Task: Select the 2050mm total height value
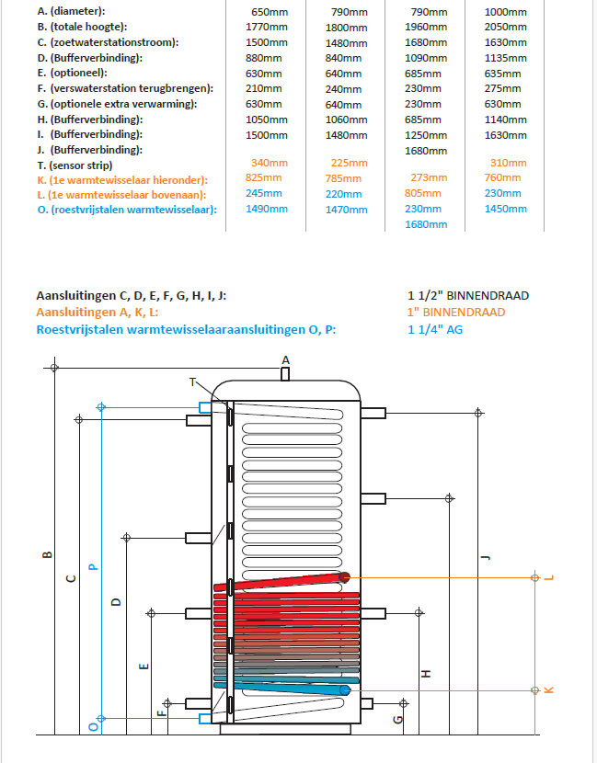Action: point(505,28)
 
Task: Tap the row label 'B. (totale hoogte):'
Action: point(83,28)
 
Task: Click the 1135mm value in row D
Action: point(505,58)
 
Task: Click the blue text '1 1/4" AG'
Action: point(435,328)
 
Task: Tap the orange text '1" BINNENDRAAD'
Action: point(456,312)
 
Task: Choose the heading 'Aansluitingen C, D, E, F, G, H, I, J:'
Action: point(132,296)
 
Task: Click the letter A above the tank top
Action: point(285,359)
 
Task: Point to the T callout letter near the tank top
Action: point(193,381)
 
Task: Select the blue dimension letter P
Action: point(92,566)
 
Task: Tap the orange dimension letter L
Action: point(548,577)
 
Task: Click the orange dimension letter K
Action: point(548,689)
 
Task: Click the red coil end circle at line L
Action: point(345,577)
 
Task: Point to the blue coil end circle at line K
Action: point(345,689)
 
